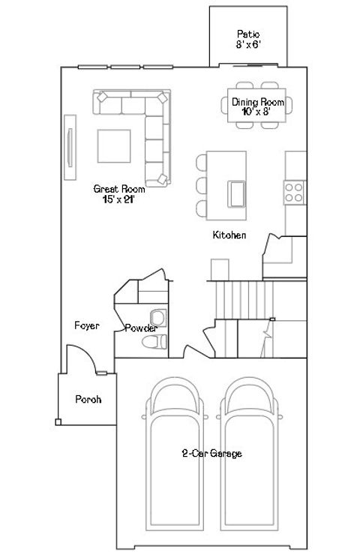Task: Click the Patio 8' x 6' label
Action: pyautogui.click(x=247, y=39)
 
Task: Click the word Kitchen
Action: pyautogui.click(x=229, y=235)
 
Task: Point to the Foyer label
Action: pyautogui.click(x=87, y=325)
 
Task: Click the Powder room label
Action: pyautogui.click(x=140, y=328)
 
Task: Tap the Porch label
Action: pyautogui.click(x=87, y=399)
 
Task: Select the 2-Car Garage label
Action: pyautogui.click(x=211, y=454)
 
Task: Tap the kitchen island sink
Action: pyautogui.click(x=236, y=193)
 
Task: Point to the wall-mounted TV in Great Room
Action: pyautogui.click(x=70, y=147)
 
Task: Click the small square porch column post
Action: pyautogui.click(x=58, y=421)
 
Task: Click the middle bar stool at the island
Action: pyautogui.click(x=202, y=184)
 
